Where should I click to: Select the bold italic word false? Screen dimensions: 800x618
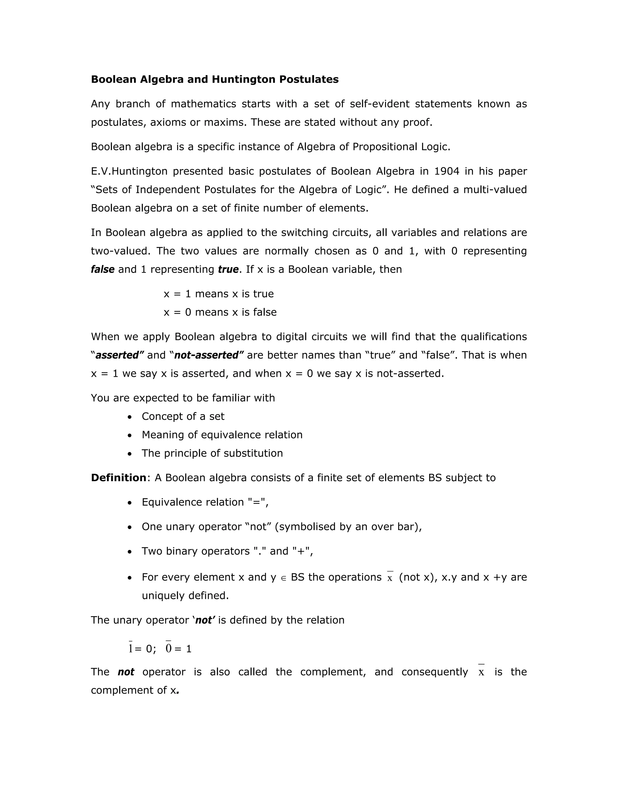point(103,270)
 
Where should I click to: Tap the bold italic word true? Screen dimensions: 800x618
point(228,270)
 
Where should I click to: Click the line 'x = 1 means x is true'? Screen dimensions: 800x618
point(218,294)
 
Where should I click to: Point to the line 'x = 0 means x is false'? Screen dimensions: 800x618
point(220,312)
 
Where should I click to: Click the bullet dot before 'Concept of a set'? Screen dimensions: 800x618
point(129,417)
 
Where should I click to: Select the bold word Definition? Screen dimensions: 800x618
point(119,478)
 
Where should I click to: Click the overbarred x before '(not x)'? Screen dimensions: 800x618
point(390,578)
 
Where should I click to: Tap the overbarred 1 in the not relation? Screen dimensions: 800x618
point(131,648)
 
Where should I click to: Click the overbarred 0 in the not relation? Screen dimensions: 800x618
point(168,648)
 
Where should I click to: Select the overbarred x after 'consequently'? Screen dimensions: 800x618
point(481,672)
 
